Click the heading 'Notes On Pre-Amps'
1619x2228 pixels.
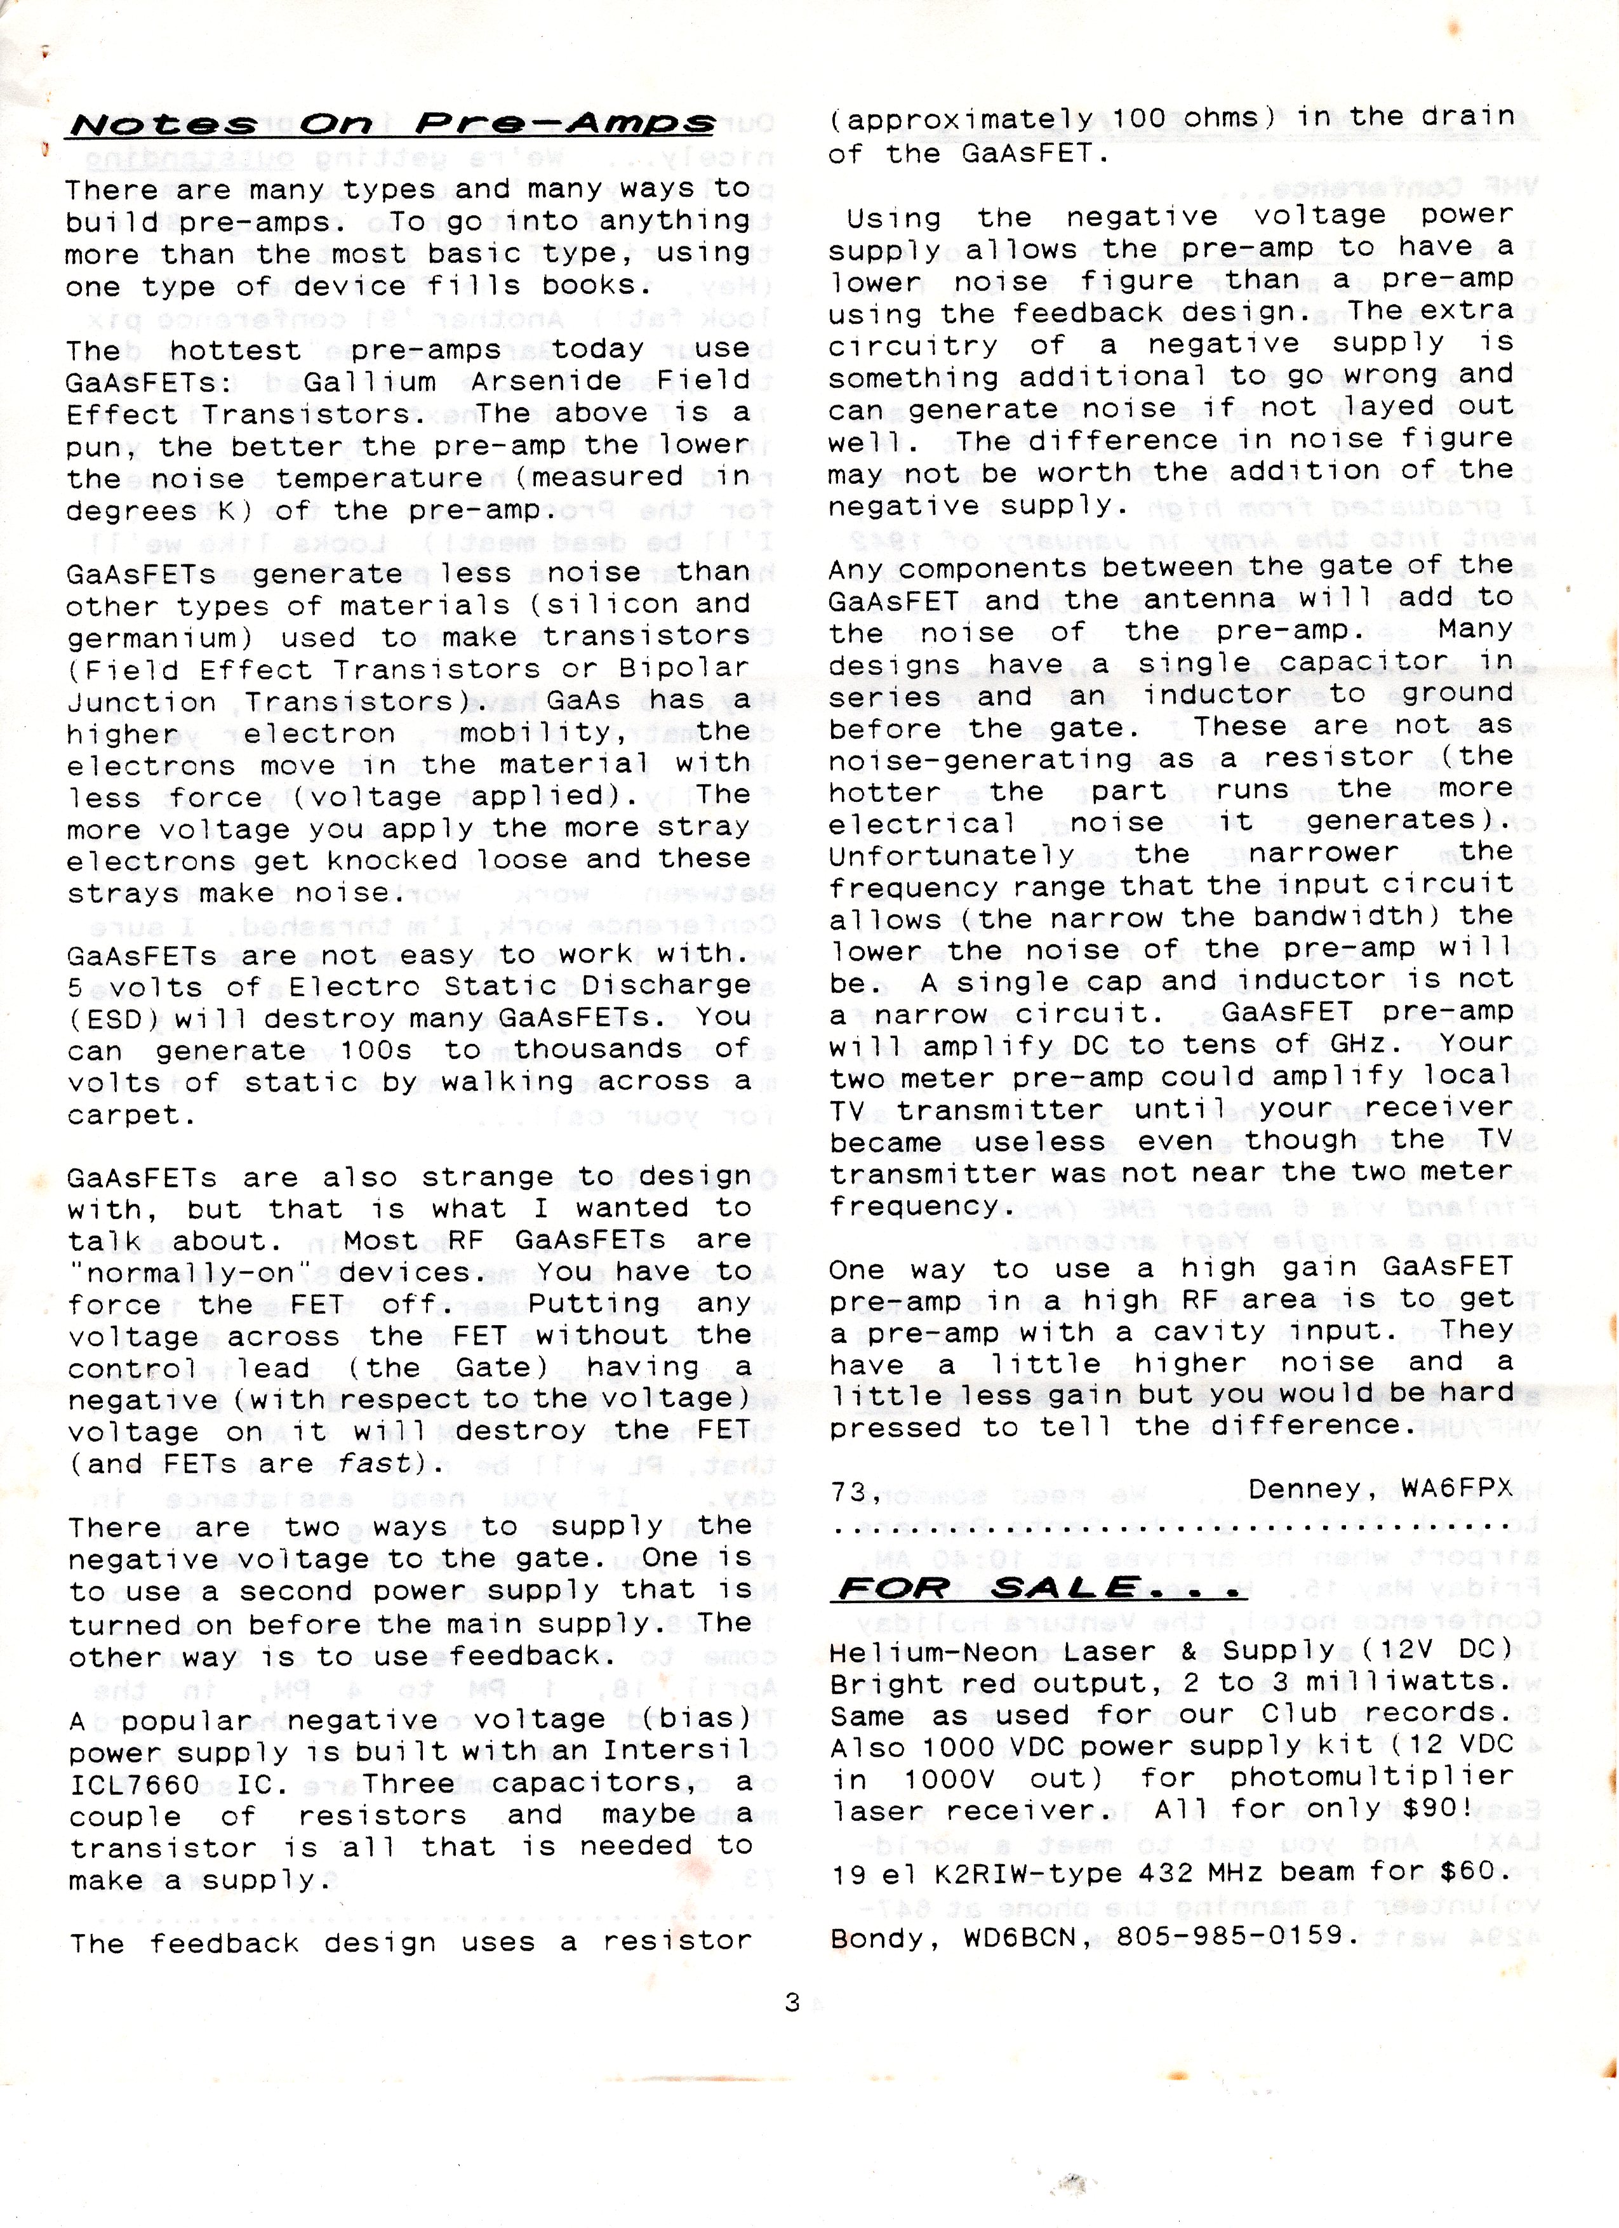coord(389,124)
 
